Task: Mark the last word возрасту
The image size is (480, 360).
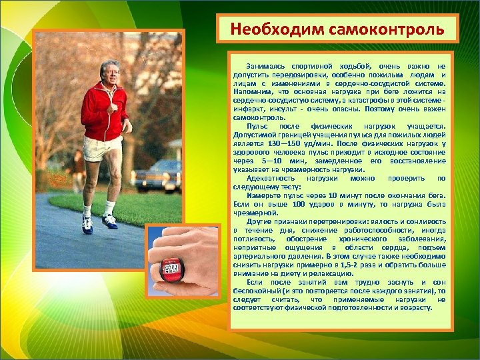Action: (x=420, y=307)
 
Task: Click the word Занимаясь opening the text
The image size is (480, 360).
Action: (x=265, y=65)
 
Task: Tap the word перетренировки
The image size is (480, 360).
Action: (x=319, y=221)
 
